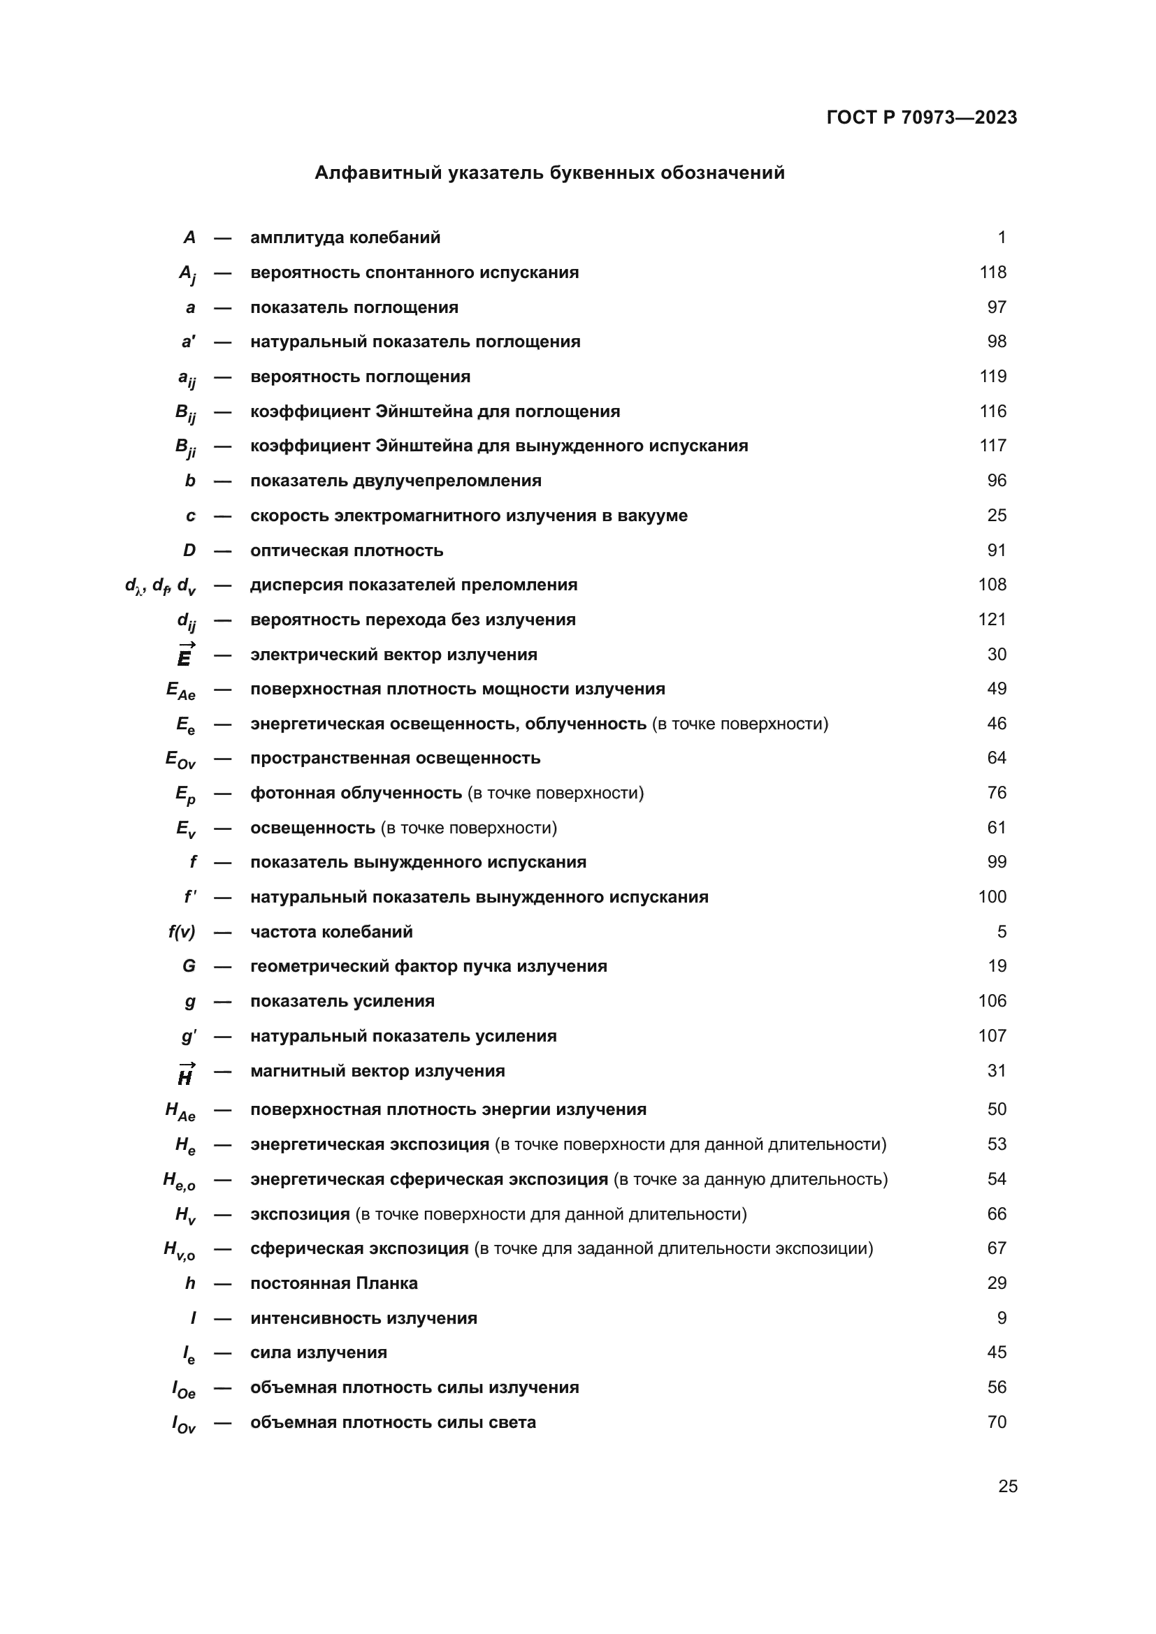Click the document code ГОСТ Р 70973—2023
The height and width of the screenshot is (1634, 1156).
click(x=921, y=117)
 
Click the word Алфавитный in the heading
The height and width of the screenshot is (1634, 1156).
click(x=378, y=173)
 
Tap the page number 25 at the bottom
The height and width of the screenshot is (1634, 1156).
click(x=1007, y=1486)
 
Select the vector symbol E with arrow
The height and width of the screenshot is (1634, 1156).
click(x=185, y=655)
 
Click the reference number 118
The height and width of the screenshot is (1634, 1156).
click(x=992, y=272)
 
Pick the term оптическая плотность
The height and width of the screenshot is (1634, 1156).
click(x=347, y=550)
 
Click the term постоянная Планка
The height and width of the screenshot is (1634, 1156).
click(x=334, y=1283)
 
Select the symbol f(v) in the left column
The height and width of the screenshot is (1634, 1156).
click(x=182, y=933)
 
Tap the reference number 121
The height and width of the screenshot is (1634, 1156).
click(x=992, y=620)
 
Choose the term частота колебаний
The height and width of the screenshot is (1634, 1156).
click(x=331, y=933)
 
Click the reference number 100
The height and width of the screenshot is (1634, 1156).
click(x=992, y=898)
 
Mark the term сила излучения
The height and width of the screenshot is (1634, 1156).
click(x=318, y=1353)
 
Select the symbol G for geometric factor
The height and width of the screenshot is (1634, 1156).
click(x=189, y=966)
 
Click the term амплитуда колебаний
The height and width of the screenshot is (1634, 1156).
click(x=345, y=238)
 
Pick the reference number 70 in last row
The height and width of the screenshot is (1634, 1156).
click(x=997, y=1422)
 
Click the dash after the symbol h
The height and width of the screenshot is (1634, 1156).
click(x=223, y=1284)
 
